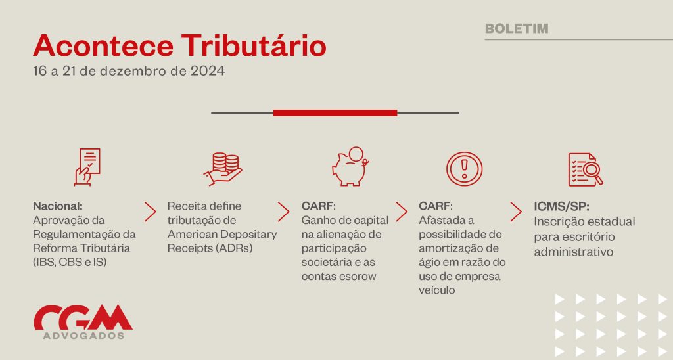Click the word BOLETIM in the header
coord(517,28)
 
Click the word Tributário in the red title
coord(254,45)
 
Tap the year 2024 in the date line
coord(208,71)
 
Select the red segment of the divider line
coord(335,113)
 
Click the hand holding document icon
coord(87,167)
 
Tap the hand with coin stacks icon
coord(223,169)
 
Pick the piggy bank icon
coord(350,166)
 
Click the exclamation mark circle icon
coord(465,168)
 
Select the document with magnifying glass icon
coord(586,169)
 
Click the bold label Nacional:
coord(58,206)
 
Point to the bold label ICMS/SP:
coord(561,206)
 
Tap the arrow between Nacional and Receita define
coord(151,212)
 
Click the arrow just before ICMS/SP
coord(516,212)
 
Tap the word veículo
coord(437,290)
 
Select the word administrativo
coord(573,252)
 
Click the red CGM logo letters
coord(83,317)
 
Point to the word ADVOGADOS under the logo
coord(83,336)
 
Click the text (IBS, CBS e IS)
coord(70,262)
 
